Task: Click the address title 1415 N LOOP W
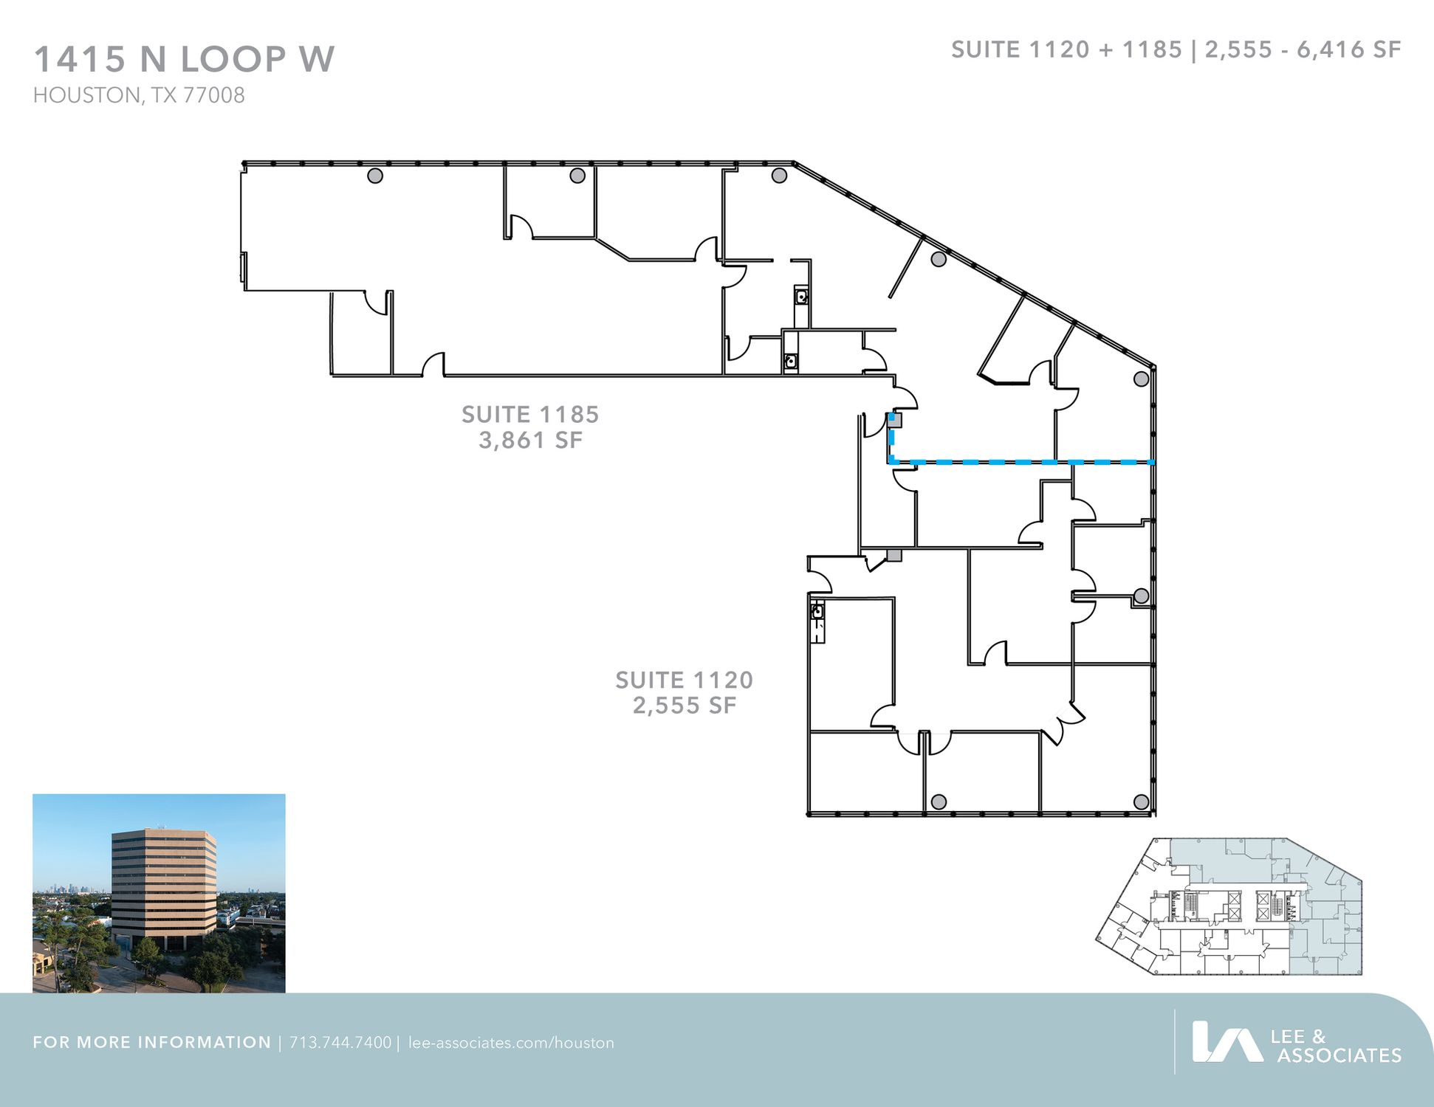pyautogui.click(x=184, y=59)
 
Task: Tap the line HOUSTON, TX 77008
pyautogui.click(x=139, y=96)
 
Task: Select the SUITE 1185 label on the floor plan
pyautogui.click(x=530, y=415)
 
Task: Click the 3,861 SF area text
pyautogui.click(x=530, y=441)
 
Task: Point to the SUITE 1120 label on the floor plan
pyautogui.click(x=685, y=680)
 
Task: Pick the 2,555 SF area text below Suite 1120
pyautogui.click(x=685, y=706)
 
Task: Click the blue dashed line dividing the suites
pyautogui.click(x=1020, y=462)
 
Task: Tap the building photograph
pyautogui.click(x=159, y=893)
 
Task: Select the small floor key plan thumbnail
pyautogui.click(x=1229, y=906)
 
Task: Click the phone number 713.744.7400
pyautogui.click(x=340, y=1043)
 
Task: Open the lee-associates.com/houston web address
pyautogui.click(x=511, y=1043)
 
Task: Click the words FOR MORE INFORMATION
pyautogui.click(x=152, y=1043)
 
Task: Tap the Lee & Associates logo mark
pyautogui.click(x=1227, y=1041)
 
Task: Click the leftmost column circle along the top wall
pyautogui.click(x=375, y=176)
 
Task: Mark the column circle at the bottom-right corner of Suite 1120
pyautogui.click(x=1141, y=801)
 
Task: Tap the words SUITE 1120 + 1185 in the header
pyautogui.click(x=1066, y=49)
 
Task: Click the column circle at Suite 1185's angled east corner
pyautogui.click(x=1141, y=379)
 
